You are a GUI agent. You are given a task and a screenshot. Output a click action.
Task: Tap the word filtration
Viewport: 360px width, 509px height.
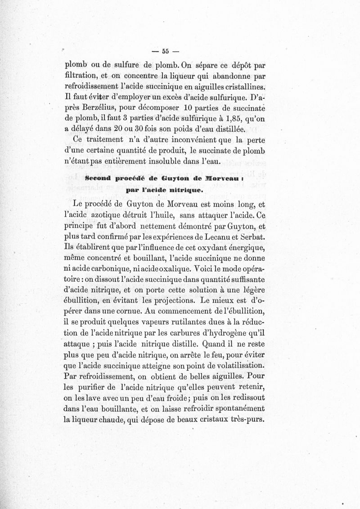tap(83, 76)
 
